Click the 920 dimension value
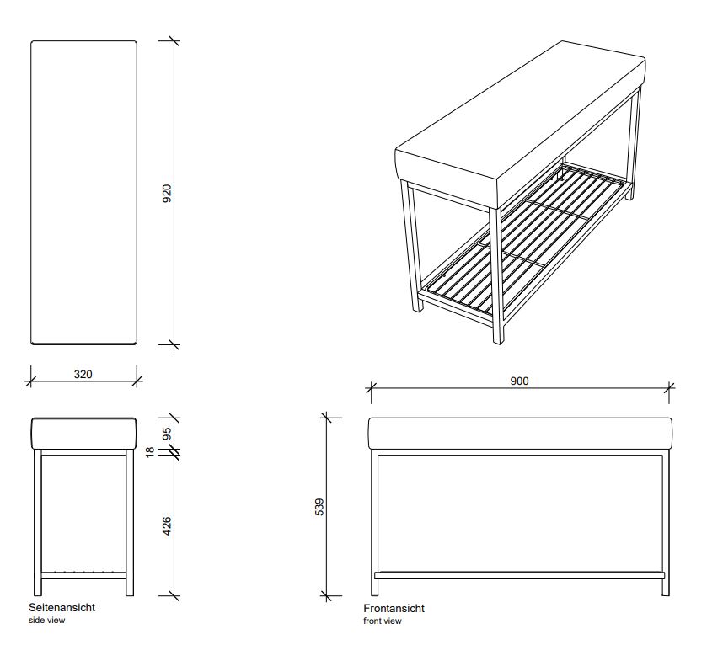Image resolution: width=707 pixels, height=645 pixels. pyautogui.click(x=167, y=195)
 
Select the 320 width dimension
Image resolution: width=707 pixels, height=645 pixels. pyautogui.click(x=83, y=374)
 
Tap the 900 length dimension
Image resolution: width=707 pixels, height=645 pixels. pyautogui.click(x=519, y=381)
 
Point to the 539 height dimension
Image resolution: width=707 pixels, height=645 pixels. pyautogui.click(x=319, y=507)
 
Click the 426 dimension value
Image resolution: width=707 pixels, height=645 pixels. pyautogui.click(x=167, y=529)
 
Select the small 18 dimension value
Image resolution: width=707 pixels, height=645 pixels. pyautogui.click(x=151, y=452)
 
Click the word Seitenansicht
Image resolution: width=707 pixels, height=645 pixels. pyautogui.click(x=62, y=607)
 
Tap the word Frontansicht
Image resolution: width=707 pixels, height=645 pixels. pyautogui.click(x=394, y=608)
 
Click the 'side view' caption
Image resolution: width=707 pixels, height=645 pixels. pyautogui.click(x=46, y=620)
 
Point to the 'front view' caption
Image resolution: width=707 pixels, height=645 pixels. pyautogui.click(x=383, y=621)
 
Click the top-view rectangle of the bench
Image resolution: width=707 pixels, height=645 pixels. pyautogui.click(x=83, y=192)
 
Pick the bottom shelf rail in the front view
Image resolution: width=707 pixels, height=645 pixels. pyautogui.click(x=519, y=575)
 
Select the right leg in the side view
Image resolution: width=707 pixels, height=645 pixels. pyautogui.click(x=130, y=522)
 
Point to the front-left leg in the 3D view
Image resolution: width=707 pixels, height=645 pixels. pyautogui.click(x=411, y=248)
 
